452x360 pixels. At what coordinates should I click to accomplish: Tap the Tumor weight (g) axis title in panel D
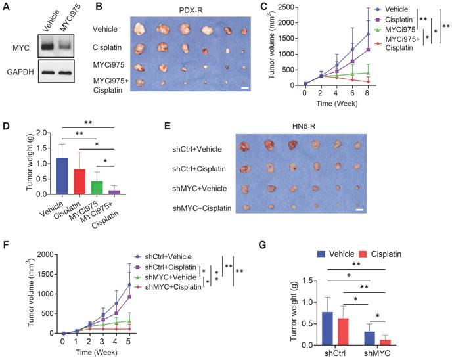11,161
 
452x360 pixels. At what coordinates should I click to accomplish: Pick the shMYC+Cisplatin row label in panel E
200,208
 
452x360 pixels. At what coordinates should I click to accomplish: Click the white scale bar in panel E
361,210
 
